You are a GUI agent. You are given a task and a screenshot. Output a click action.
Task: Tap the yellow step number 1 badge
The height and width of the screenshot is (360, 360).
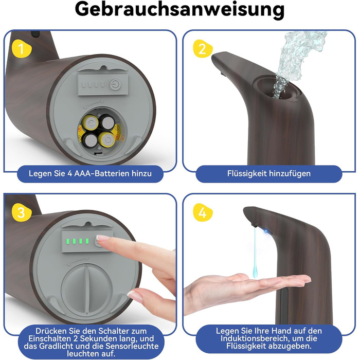[21, 48]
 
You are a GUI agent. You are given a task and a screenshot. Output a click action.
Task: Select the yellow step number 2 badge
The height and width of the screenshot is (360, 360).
[203, 49]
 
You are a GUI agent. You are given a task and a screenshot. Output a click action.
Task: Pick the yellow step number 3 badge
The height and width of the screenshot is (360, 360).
[21, 212]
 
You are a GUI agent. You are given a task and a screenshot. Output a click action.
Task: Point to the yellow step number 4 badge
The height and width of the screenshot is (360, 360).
[203, 212]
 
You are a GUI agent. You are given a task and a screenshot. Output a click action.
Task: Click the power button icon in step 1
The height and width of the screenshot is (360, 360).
[115, 84]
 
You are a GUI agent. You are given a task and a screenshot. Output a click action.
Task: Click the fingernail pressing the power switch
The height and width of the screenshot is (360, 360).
[103, 238]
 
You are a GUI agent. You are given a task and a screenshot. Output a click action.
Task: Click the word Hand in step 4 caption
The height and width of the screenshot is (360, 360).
[282, 331]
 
